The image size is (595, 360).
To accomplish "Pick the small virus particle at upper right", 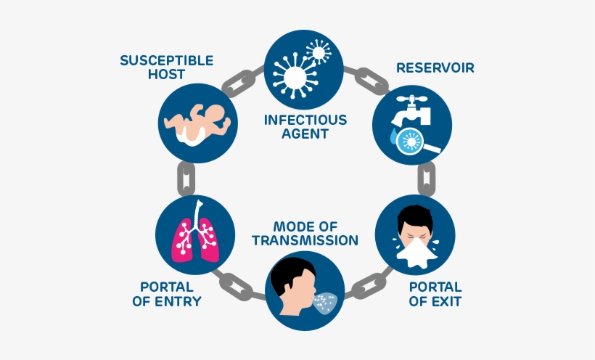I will click(x=318, y=52).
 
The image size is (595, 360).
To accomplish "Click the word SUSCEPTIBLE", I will click(x=166, y=60).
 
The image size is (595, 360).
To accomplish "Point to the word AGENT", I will click(x=305, y=134).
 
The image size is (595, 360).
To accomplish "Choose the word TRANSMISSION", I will click(x=305, y=240).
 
